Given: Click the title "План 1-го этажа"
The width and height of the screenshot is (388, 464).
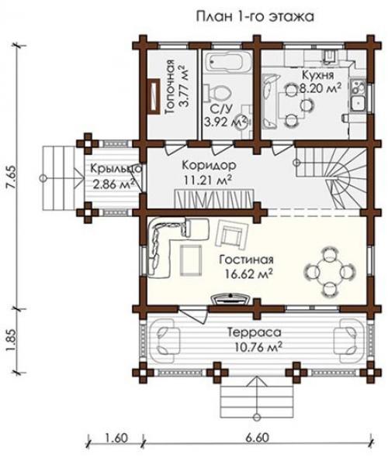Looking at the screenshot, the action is pyautogui.click(x=255, y=17).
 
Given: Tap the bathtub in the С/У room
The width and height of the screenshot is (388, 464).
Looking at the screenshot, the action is pyautogui.click(x=227, y=62).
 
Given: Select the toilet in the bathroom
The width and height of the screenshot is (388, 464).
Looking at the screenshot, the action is pyautogui.click(x=218, y=91).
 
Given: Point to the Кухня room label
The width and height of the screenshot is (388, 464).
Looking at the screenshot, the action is pyautogui.click(x=317, y=75).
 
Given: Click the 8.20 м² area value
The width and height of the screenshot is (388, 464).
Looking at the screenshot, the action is pyautogui.click(x=319, y=88).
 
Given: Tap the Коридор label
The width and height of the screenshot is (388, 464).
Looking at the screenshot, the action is pyautogui.click(x=209, y=166).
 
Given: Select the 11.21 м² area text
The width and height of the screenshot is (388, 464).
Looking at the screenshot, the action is pyautogui.click(x=207, y=180).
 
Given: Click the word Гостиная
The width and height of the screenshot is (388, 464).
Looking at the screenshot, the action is pyautogui.click(x=246, y=259).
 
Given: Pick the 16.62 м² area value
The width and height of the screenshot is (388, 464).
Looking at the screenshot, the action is pyautogui.click(x=248, y=273).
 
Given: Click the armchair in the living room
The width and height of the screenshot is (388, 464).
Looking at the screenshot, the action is pyautogui.click(x=231, y=234).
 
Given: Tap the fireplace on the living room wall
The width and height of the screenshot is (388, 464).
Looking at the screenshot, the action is pyautogui.click(x=231, y=299).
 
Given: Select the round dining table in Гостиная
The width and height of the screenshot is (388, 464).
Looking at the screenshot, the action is pyautogui.click(x=329, y=271).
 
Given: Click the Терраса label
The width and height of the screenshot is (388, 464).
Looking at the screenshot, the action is pyautogui.click(x=255, y=332).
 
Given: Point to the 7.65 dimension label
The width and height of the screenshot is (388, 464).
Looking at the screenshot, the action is pyautogui.click(x=12, y=176).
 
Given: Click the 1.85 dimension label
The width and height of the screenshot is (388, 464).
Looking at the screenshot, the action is pyautogui.click(x=12, y=341).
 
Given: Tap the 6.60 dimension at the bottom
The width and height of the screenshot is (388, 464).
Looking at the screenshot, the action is pyautogui.click(x=257, y=438).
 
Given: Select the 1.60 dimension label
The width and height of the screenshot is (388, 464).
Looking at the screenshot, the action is pyautogui.click(x=116, y=438).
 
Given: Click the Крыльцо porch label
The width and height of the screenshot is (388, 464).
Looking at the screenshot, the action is pyautogui.click(x=116, y=169).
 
